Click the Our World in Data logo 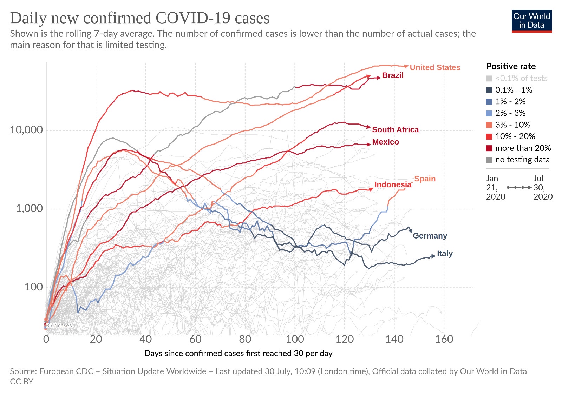tap(532, 21)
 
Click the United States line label tap(435, 67)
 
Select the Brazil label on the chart tap(393, 75)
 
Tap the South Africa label tap(396, 129)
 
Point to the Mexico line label tap(385, 142)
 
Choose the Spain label tap(425, 179)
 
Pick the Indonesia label tap(393, 184)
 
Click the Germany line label tap(430, 236)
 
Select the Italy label tap(445, 254)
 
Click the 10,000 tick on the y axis tap(26, 130)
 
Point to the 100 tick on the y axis tap(34, 287)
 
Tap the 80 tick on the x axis tap(245, 339)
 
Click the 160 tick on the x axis tap(444, 339)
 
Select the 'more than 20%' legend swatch tap(489, 148)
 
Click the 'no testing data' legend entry tap(518, 160)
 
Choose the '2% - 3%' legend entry tap(505, 113)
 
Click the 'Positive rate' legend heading tap(511, 66)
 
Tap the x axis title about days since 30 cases tap(238, 353)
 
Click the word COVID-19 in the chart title tap(193, 18)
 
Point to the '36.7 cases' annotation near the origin tap(59, 325)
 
